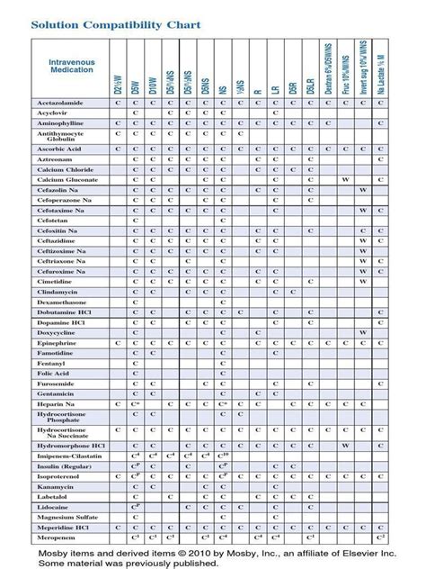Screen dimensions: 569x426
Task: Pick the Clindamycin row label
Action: coord(56,293)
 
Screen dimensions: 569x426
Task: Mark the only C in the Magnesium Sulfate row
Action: coord(135,517)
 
